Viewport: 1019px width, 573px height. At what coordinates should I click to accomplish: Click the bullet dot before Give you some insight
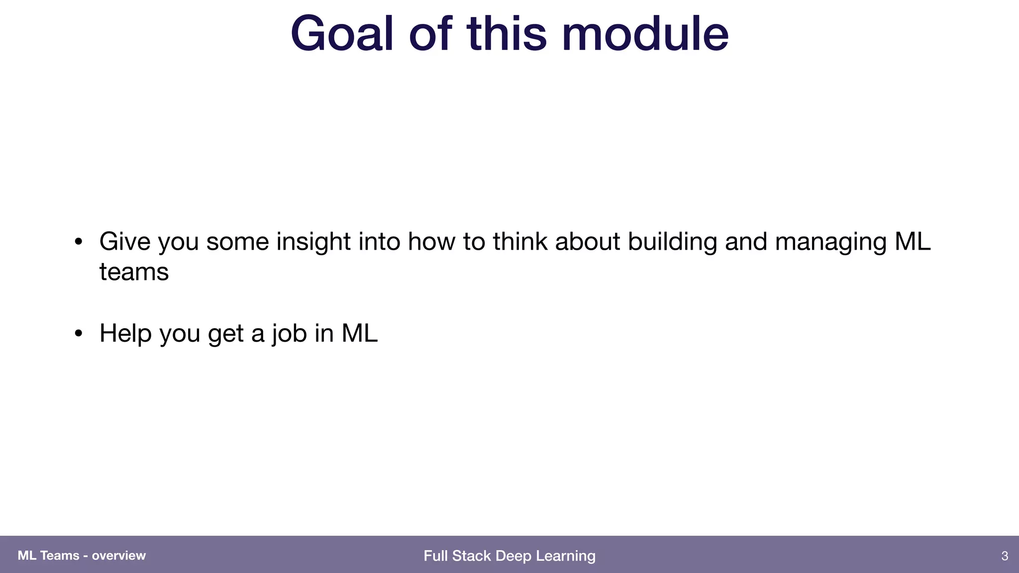click(78, 242)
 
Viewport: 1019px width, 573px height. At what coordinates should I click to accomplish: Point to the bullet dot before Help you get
click(78, 334)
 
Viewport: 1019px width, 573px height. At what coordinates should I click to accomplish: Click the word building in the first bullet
click(672, 242)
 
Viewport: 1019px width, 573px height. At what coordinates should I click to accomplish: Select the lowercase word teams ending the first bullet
click(134, 273)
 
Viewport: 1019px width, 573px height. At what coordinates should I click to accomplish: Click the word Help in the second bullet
click(125, 333)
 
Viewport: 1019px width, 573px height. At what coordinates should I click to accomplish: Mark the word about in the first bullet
click(588, 242)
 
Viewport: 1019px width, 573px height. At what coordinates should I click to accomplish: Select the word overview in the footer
click(119, 556)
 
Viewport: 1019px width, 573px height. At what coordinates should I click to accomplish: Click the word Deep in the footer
click(509, 556)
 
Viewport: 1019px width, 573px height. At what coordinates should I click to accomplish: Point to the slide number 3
click(1005, 556)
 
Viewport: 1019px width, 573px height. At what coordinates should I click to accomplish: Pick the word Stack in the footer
click(471, 556)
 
